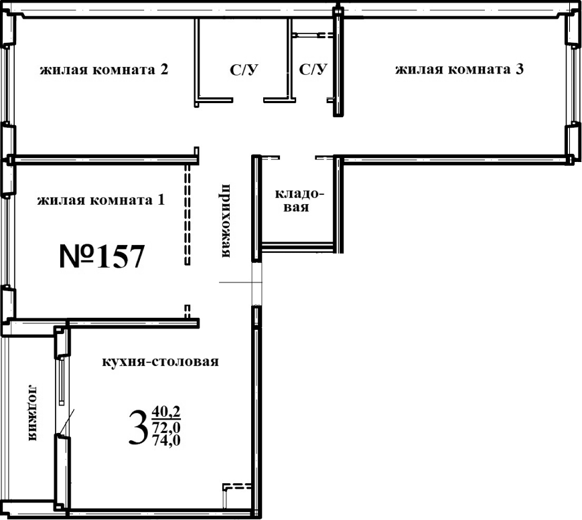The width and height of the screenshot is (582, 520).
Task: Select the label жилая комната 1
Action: pos(100,200)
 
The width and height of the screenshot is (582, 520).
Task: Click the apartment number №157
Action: pos(102,256)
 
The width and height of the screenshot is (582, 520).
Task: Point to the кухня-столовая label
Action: pos(161,362)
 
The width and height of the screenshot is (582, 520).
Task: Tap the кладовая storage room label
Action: pos(299,200)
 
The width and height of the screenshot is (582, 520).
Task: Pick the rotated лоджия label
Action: pos(31,413)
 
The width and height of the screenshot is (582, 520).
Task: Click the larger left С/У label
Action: pos(244,70)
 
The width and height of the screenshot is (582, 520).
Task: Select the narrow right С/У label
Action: pos(313,70)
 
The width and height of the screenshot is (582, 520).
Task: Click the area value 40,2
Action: pos(171,411)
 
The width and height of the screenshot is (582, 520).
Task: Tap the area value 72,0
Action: pos(171,426)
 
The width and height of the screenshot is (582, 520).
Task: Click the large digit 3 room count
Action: pos(137,428)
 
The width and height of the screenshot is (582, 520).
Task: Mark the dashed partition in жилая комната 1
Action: pos(188,214)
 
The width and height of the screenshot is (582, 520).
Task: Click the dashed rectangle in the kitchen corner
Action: pos(236,487)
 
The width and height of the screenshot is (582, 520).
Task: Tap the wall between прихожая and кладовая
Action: pos(256,209)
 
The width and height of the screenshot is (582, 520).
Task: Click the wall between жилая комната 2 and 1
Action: pos(104,159)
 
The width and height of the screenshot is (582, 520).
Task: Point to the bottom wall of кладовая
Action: pos(299,248)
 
